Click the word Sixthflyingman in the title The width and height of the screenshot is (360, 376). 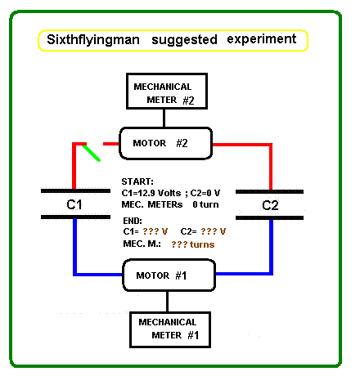pos(93,40)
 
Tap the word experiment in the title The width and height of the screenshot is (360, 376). pos(262,39)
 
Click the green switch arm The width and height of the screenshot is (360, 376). pos(92,153)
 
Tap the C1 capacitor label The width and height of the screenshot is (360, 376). pos(74,204)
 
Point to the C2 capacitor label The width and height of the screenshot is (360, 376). pos(270,205)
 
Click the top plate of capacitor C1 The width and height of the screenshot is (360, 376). pos(75,191)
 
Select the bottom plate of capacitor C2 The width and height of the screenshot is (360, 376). pos(269,217)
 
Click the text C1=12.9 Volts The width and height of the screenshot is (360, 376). pos(151,193)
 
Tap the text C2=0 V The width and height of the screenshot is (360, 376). pos(205,193)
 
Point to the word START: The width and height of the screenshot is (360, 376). pos(137,181)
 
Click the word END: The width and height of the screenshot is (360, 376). pos(133,221)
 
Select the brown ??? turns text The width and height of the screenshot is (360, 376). pos(193,244)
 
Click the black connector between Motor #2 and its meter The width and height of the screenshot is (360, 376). pos(164,119)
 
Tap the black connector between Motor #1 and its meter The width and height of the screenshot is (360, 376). pos(167,302)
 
